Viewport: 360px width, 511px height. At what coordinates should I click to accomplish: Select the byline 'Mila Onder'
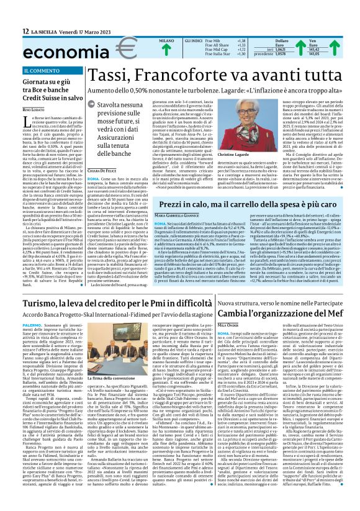[x=230, y=342]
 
